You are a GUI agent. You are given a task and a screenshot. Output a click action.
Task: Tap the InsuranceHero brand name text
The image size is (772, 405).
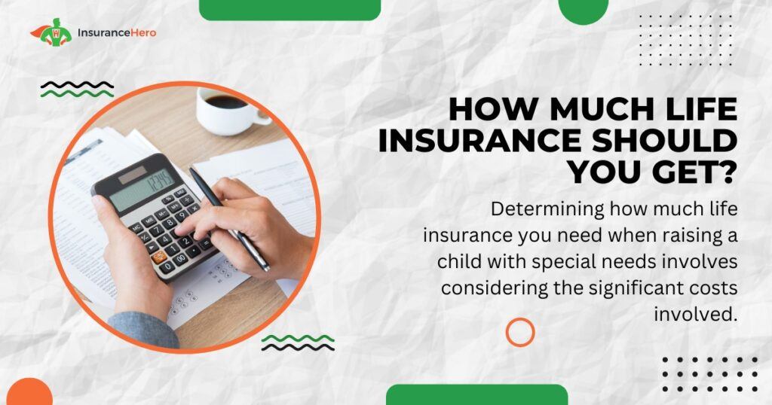(x=117, y=33)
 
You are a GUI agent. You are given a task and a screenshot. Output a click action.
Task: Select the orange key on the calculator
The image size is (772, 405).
(x=159, y=256)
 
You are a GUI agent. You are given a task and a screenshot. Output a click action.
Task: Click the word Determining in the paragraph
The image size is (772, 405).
(x=547, y=210)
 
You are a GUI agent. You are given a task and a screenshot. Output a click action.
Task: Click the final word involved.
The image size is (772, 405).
(x=696, y=314)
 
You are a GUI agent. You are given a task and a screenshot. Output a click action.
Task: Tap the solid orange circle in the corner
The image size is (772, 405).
(x=29, y=392)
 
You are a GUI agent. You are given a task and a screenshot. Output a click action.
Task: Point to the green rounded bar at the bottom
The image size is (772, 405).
(x=476, y=395)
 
